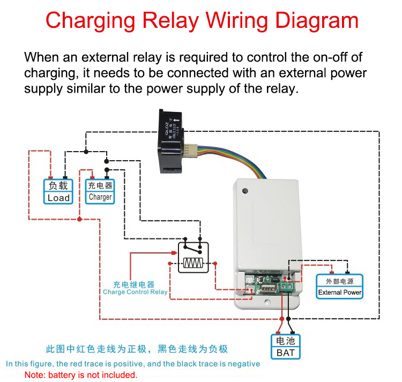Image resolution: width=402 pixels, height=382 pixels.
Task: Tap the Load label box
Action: pyautogui.click(x=58, y=191)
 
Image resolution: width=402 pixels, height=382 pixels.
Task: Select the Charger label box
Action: pyautogui.click(x=100, y=191)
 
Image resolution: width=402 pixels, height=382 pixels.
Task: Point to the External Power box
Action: pyautogui.click(x=340, y=287)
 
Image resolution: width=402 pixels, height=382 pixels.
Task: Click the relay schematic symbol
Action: pyautogui.click(x=193, y=257)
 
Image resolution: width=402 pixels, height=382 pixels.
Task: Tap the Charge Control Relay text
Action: pyautogui.click(x=135, y=293)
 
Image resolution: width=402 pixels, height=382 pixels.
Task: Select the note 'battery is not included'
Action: pyautogui.click(x=81, y=375)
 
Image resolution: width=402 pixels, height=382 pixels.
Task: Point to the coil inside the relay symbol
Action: pyautogui.click(x=193, y=263)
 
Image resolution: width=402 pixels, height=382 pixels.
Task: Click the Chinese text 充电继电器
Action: pyautogui.click(x=133, y=284)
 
